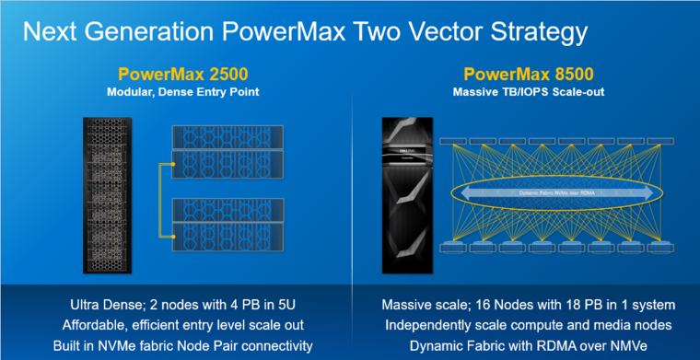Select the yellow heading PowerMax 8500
[521, 73]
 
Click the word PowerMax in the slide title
[302, 33]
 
